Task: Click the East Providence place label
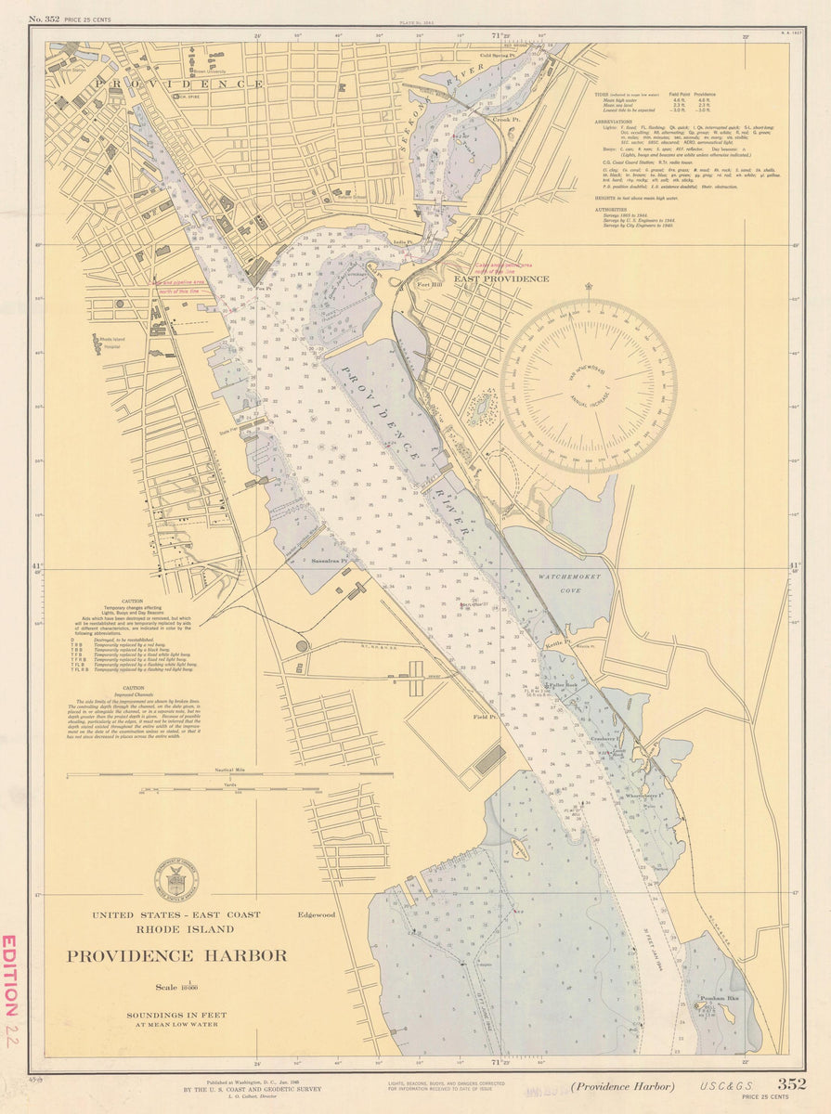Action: [501, 278]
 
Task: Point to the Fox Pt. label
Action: [264, 289]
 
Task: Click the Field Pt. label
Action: [484, 717]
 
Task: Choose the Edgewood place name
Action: [317, 914]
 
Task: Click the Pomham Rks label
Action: [719, 999]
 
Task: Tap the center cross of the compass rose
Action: [589, 385]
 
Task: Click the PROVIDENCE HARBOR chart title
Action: [176, 956]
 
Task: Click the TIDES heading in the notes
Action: [604, 95]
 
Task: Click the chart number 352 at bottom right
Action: [791, 1083]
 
